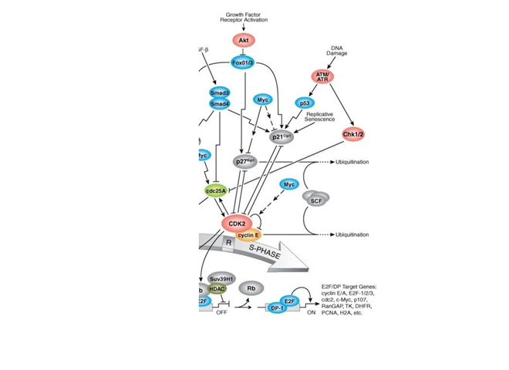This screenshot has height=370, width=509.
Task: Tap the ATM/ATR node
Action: tap(323, 76)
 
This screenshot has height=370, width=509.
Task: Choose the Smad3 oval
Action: tap(220, 92)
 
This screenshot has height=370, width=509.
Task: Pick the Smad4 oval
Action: tap(220, 105)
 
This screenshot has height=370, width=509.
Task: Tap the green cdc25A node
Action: tap(217, 191)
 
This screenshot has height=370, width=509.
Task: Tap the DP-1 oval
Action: tap(278, 307)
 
